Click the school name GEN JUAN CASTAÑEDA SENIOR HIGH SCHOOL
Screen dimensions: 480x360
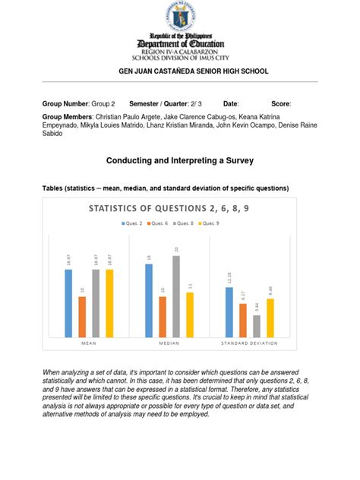point(180,71)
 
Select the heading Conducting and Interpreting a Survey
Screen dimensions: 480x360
point(180,161)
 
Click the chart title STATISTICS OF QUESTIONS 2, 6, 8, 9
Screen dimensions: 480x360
point(180,208)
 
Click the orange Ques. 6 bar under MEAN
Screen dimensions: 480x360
point(82,316)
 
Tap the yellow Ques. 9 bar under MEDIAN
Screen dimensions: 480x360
point(190,314)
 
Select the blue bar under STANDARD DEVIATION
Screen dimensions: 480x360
point(229,311)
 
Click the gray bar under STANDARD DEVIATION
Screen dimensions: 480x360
point(257,325)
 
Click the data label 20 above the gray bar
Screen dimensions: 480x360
point(176,249)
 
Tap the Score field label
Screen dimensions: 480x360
point(280,103)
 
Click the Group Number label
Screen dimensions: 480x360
point(64,103)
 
